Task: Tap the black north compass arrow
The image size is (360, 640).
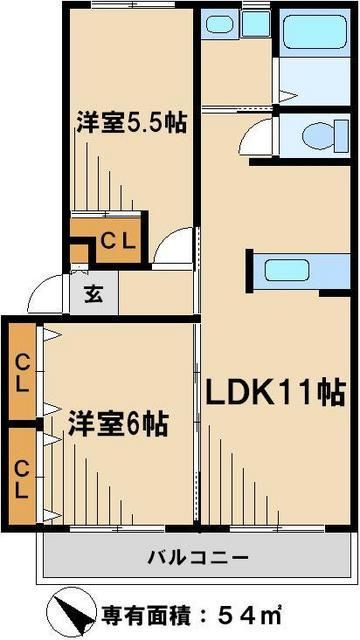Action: pyautogui.click(x=70, y=611)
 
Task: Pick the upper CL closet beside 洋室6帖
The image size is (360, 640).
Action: pyautogui.click(x=21, y=370)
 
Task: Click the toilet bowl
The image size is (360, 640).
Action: pyautogui.click(x=319, y=135)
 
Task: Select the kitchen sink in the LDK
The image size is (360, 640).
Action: pyautogui.click(x=286, y=271)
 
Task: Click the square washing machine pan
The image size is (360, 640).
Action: pyautogui.click(x=255, y=22)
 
